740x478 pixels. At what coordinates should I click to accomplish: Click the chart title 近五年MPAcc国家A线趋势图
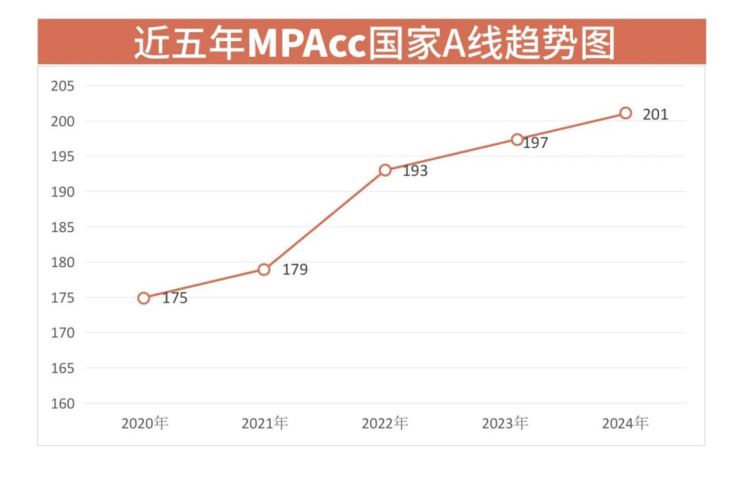373,42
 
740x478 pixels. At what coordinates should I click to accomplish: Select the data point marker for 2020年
143,298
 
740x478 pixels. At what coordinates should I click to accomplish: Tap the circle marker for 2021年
264,269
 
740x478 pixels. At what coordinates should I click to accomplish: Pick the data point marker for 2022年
385,170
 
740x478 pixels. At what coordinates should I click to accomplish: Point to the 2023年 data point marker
517,139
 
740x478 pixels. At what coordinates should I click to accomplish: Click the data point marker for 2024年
626,113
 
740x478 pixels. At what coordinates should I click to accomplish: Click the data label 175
175,299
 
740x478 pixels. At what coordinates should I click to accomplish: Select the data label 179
295,270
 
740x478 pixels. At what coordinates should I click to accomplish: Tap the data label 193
415,171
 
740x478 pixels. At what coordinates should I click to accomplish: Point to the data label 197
536,144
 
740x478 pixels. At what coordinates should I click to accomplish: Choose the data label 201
655,115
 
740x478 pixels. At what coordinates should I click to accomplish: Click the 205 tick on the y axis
63,86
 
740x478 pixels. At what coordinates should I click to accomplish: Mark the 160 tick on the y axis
63,403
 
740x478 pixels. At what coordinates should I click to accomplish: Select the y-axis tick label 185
63,227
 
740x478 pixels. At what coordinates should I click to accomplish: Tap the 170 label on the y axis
63,333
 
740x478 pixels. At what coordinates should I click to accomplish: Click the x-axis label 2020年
145,423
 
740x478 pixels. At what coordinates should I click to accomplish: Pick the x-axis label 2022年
385,423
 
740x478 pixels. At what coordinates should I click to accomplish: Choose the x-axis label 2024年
626,423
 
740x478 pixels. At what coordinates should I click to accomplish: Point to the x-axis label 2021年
264,423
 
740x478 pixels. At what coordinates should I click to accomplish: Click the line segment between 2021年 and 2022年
325,219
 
